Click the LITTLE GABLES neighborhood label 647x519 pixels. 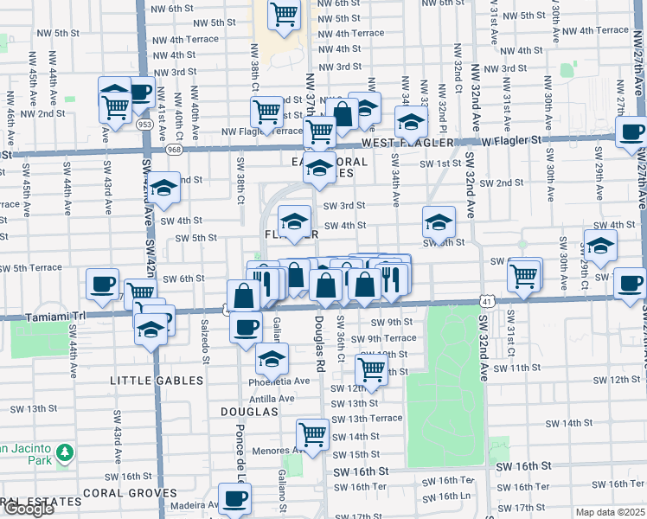coord(157,380)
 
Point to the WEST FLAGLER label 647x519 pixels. coord(400,141)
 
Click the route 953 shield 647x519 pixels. coord(145,125)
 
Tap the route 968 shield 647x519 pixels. coord(175,150)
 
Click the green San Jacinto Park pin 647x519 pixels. coord(63,452)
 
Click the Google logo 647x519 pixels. coord(29,509)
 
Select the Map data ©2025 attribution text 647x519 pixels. coord(610,512)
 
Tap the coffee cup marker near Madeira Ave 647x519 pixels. coord(235,499)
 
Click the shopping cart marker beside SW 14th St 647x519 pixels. coord(312,433)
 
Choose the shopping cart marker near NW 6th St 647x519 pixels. coord(283,15)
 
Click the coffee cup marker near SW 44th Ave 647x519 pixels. coord(103,284)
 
